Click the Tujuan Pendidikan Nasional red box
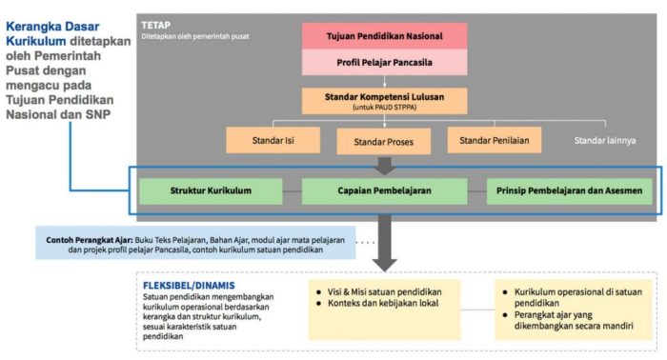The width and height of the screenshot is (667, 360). pos(384,36)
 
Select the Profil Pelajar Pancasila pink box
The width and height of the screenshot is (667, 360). pos(384,64)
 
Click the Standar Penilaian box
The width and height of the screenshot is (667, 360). pos(494,141)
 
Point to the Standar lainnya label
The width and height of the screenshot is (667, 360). pos(604,141)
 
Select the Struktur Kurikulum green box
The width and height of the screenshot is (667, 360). pos(211,190)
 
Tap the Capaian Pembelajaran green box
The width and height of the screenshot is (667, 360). pos(384,190)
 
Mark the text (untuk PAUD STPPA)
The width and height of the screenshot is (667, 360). pos(384,108)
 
